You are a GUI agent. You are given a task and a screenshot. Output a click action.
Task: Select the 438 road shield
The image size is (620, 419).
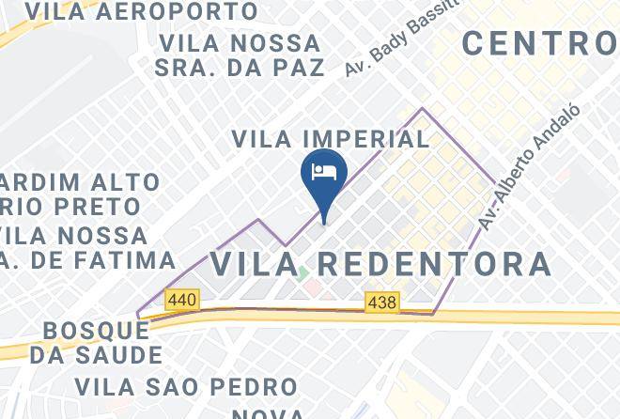pos(382,302)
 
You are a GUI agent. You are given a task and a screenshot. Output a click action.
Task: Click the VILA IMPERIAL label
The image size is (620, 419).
pos(331,139)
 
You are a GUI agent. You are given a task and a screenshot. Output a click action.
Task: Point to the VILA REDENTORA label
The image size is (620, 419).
pos(380,262)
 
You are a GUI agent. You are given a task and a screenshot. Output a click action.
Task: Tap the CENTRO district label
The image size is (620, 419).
pos(540,42)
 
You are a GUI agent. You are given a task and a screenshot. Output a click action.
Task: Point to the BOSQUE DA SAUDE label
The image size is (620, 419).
pos(96,343)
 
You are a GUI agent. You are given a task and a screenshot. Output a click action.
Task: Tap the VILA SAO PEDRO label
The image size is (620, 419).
pos(186,386)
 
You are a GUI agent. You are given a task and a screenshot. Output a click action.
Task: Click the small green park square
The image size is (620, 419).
pos(302,274)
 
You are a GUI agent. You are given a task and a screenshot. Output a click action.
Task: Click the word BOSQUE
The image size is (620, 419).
pos(95,331)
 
